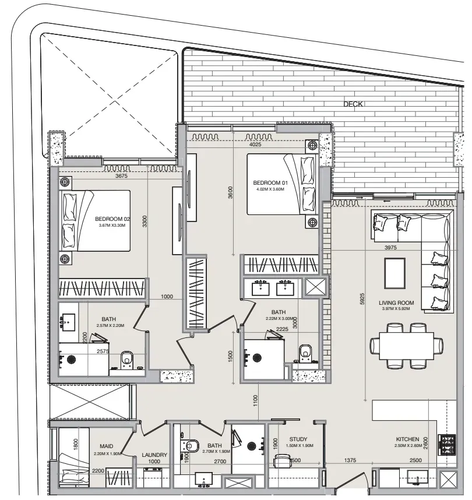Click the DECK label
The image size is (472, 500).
click(353, 104)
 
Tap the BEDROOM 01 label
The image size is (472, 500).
click(270, 183)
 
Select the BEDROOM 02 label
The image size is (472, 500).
click(112, 219)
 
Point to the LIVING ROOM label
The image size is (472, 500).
click(396, 302)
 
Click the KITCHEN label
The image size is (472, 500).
click(407, 439)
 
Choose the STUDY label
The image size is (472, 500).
click(298, 439)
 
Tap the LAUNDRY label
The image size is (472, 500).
click(154, 455)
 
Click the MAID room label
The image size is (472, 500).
click(107, 446)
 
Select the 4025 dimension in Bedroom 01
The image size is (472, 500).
click(255, 145)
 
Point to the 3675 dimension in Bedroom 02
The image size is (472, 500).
click(122, 176)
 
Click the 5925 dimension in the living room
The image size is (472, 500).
click(362, 299)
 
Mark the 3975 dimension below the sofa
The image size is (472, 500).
click(390, 248)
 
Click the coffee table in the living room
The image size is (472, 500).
click(395, 273)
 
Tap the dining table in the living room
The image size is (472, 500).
click(406, 346)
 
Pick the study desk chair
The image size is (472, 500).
click(282, 461)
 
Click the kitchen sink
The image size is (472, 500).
click(418, 477)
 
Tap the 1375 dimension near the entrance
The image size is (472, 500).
click(350, 460)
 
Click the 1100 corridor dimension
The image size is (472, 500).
click(255, 401)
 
